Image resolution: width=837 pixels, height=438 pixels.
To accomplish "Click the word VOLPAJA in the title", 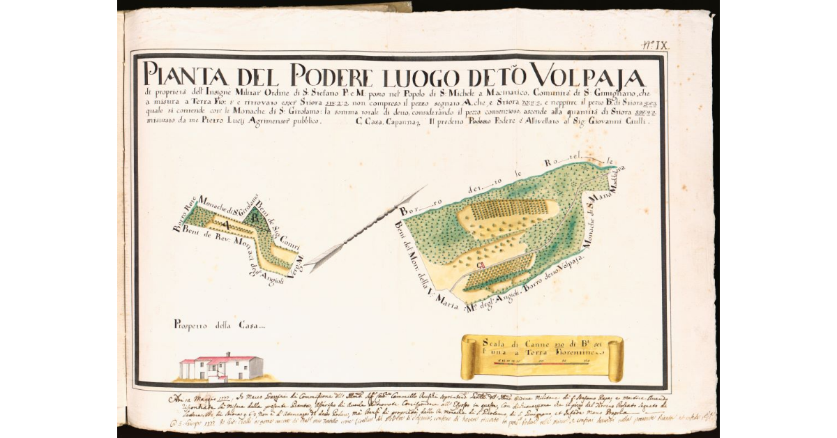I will [587, 73].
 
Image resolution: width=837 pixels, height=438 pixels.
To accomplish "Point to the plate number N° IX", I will [655, 45].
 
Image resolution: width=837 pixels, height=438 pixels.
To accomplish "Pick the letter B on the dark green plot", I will [256, 218].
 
